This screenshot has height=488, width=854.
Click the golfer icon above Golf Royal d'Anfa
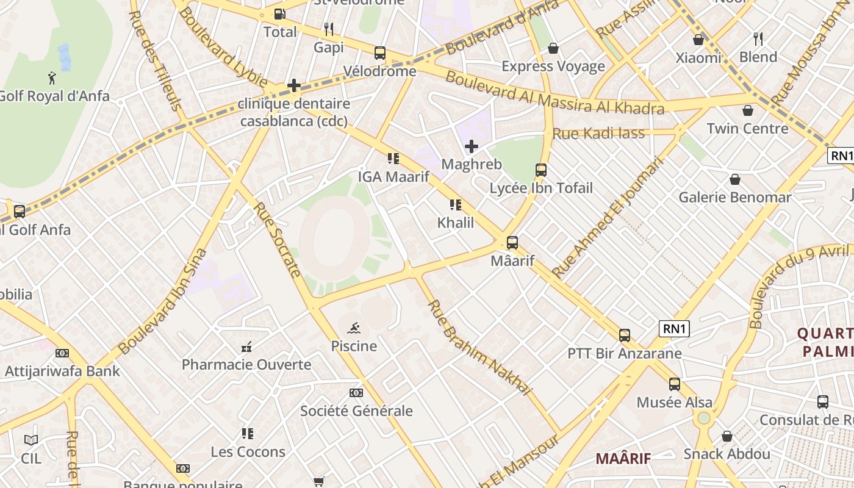point(52,77)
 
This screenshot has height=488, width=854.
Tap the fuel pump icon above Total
point(279,13)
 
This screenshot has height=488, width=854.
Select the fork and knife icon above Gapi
point(329,29)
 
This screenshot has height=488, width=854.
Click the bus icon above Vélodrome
point(379,53)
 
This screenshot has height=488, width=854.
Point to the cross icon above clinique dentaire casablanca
point(294,85)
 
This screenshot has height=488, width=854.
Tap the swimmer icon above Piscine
point(354,328)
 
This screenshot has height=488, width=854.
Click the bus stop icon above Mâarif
point(512,243)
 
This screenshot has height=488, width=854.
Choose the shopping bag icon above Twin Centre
point(747,110)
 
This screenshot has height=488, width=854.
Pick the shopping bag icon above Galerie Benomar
point(735,179)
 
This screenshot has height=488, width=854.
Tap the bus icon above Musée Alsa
point(674,384)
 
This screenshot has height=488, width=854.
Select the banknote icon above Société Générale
point(356,393)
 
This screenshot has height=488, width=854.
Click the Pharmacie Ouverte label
point(246,365)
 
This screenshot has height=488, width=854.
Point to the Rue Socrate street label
point(277,240)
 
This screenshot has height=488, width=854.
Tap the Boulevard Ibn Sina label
point(163,301)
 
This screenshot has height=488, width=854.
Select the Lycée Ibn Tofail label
point(541,188)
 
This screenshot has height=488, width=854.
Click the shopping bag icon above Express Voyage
point(553,48)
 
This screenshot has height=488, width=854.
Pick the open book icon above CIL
point(31,440)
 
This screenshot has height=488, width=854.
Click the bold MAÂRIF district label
point(623,458)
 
